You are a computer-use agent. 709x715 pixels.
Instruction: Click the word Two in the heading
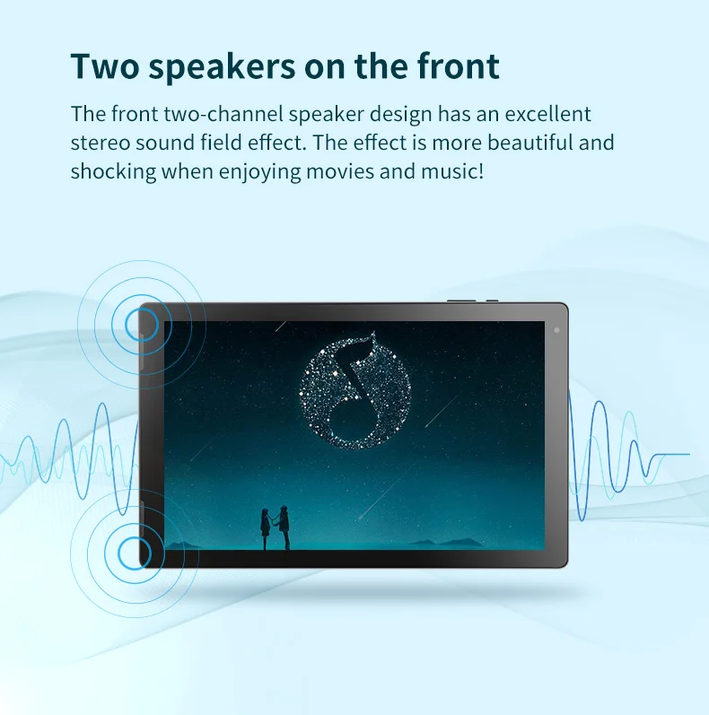point(105,66)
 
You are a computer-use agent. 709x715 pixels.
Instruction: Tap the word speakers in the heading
point(222,68)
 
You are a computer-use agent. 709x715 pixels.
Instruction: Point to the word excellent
point(547,114)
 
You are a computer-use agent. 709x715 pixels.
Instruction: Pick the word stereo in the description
point(101,143)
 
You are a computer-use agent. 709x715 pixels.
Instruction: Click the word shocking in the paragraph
point(114,172)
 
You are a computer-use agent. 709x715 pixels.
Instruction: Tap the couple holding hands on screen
point(276,528)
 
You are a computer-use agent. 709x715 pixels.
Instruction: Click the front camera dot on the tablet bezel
point(556,330)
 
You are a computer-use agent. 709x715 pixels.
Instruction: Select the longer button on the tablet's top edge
point(461,301)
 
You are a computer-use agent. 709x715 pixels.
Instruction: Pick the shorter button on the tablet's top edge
point(492,301)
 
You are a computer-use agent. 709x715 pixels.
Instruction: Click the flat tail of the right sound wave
point(672,455)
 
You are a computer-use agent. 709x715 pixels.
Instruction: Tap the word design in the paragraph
point(400,115)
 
